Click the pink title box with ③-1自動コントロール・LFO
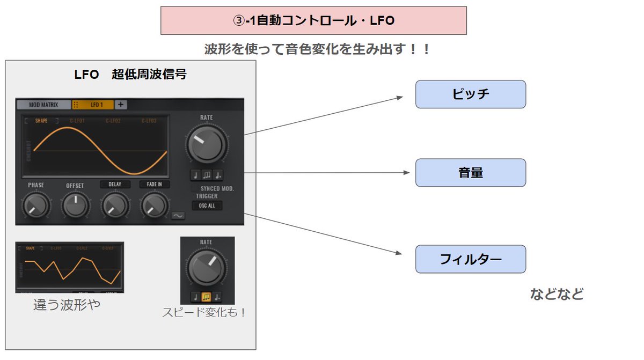(x=313, y=20)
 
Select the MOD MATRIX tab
(x=44, y=105)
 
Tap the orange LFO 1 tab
(x=97, y=105)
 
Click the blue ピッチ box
(x=470, y=94)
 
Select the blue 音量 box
(x=470, y=173)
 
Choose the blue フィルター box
(x=470, y=259)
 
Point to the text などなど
(x=556, y=294)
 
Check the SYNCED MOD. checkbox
(x=195, y=189)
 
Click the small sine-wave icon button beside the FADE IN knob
(x=178, y=216)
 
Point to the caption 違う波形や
(x=67, y=305)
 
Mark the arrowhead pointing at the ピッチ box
(x=399, y=97)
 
